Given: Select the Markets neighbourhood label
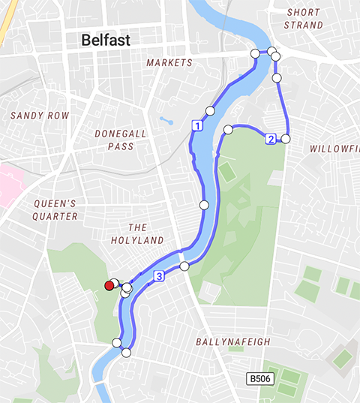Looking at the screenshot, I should pos(169,62).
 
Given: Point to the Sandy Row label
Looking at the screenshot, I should pos(40,116).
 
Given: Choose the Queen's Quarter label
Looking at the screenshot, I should pos(55,209).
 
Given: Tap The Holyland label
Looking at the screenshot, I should pos(145,233).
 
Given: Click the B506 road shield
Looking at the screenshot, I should pos(259,379).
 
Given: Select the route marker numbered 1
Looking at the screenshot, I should pos(196,126).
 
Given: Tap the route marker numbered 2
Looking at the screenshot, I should pos(270,138).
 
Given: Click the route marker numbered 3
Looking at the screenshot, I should pos(159,277).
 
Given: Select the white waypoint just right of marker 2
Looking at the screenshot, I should pos(285,138).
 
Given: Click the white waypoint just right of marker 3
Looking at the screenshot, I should pos(184,266).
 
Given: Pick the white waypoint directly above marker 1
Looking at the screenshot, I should pos(210,110).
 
